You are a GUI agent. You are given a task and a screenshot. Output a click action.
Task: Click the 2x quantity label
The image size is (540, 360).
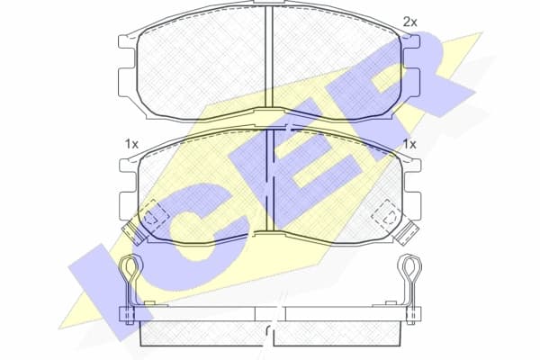point(409,21)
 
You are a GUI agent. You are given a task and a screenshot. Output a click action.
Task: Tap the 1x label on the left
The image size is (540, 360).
point(130,143)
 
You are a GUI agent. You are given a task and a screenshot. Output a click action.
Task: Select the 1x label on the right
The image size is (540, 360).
point(409,143)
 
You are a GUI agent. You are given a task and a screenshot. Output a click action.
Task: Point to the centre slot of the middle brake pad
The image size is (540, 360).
point(269,180)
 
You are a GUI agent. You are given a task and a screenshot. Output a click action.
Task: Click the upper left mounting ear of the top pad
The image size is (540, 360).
point(127,42)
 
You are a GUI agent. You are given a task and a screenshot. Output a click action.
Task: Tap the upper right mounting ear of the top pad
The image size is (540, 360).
point(412,42)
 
